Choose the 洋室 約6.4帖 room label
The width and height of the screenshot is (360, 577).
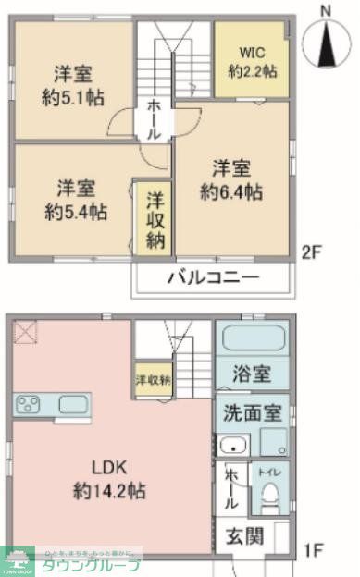point(232,180)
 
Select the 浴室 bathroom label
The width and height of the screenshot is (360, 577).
point(251,374)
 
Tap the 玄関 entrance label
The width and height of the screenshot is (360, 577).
point(246,535)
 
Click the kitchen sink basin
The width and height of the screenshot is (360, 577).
point(72,404)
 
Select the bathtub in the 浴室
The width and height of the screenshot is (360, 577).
point(252,338)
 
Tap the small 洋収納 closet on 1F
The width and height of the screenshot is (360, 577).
point(153,380)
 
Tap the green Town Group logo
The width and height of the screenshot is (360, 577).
point(17,559)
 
